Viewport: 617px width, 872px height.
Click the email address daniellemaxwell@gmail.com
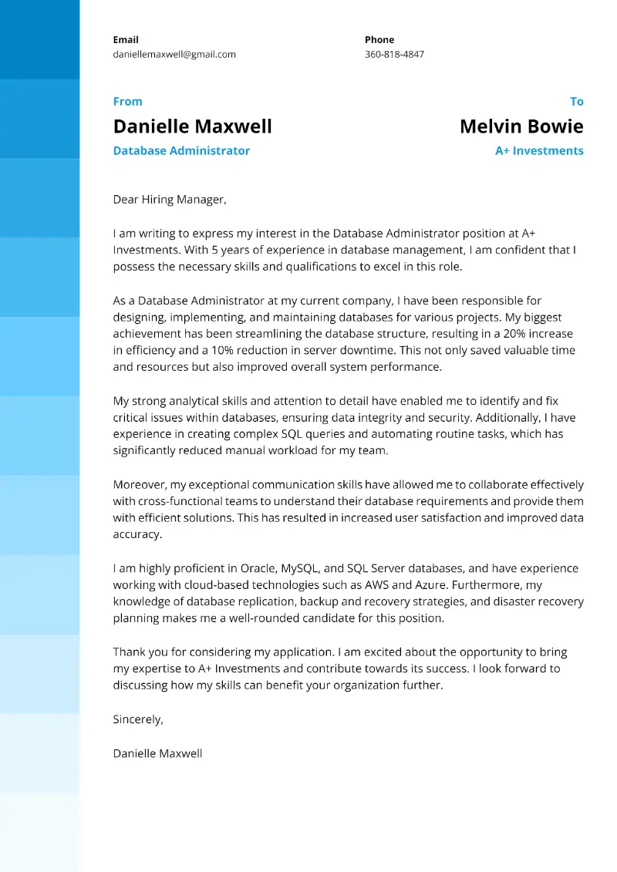point(174,55)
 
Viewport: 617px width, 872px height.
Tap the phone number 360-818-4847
point(394,55)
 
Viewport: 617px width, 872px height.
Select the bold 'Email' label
point(126,39)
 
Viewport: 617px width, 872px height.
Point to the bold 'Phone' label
point(379,39)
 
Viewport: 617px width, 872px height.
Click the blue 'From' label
point(127,101)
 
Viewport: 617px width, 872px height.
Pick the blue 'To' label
point(576,101)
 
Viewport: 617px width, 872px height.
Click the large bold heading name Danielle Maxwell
point(192,126)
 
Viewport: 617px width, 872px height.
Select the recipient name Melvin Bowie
point(521,126)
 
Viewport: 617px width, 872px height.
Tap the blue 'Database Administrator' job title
point(181,150)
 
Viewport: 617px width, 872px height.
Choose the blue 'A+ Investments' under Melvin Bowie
point(539,150)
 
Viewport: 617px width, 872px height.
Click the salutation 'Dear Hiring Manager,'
point(170,200)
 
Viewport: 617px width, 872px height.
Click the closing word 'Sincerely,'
point(138,719)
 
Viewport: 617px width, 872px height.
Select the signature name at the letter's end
point(157,753)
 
